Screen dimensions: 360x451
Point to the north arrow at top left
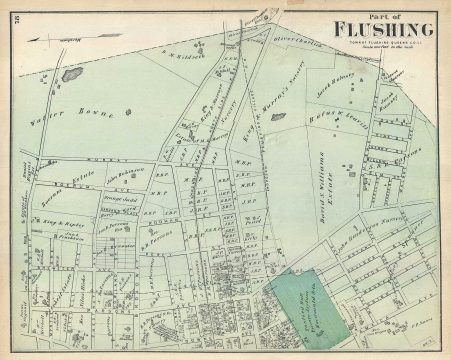coord(56,38)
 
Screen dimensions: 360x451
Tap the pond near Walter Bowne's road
coord(70,73)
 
